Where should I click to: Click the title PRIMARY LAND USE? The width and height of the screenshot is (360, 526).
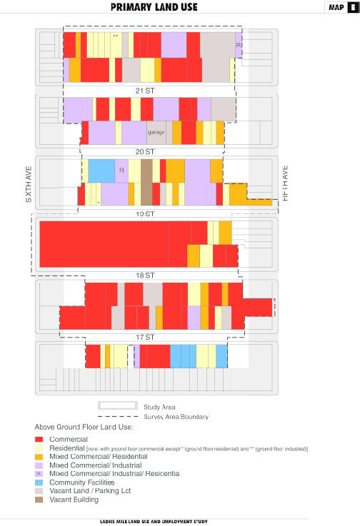(x=154, y=8)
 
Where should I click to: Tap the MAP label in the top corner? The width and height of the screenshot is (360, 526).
(x=336, y=8)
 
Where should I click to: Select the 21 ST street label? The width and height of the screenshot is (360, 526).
(x=144, y=91)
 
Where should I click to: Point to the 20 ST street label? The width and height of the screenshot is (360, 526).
(x=145, y=152)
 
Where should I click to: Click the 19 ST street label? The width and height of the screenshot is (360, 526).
(x=145, y=214)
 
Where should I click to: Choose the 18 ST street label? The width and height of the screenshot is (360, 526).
(x=145, y=275)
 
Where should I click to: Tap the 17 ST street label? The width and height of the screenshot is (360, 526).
(x=145, y=337)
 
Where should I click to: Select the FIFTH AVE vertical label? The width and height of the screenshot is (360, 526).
(x=285, y=184)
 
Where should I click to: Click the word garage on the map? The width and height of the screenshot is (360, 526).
(x=156, y=133)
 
